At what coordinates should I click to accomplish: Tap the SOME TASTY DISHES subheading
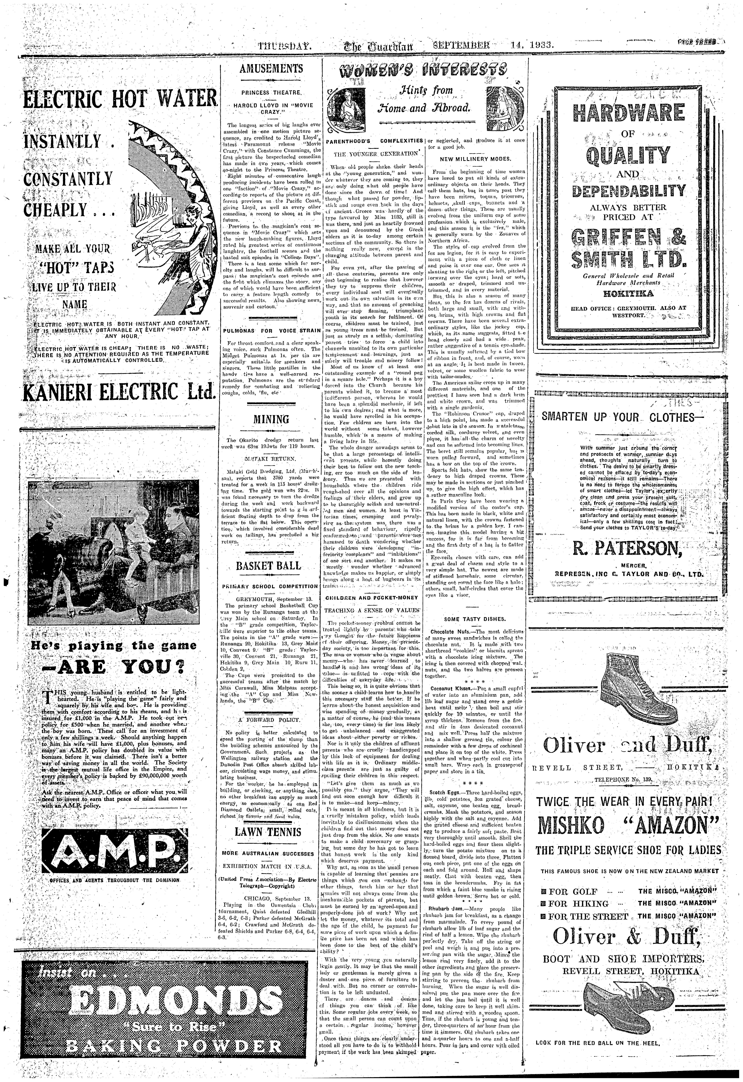pyautogui.click(x=475, y=619)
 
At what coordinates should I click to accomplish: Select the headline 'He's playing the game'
pyautogui.click(x=114, y=646)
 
